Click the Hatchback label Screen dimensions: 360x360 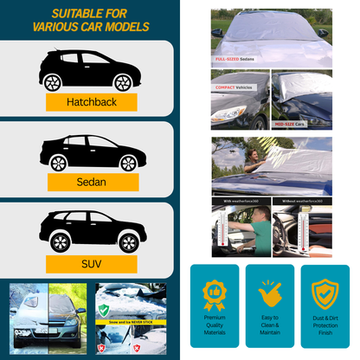pyautogui.click(x=91, y=101)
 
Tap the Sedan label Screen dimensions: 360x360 pyautogui.click(x=91, y=182)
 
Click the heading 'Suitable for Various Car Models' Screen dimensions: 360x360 pyautogui.click(x=91, y=20)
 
